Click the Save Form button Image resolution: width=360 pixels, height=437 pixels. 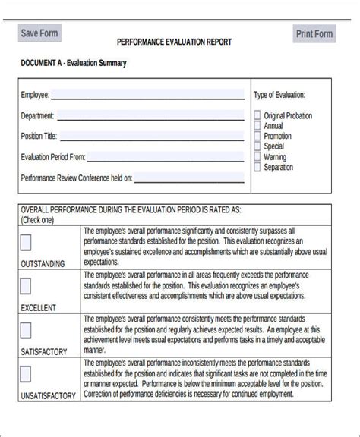[x=39, y=33]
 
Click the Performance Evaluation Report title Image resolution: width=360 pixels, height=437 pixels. [x=174, y=42]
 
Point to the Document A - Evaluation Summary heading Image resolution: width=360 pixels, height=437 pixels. [x=73, y=63]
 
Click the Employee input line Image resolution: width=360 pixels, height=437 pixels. [x=147, y=95]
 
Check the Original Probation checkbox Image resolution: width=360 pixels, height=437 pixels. [x=257, y=115]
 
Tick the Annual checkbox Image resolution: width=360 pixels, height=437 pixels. [x=257, y=126]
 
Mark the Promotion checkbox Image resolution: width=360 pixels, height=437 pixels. [x=257, y=136]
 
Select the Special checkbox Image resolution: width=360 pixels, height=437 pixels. [x=257, y=146]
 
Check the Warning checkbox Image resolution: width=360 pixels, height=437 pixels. [x=257, y=157]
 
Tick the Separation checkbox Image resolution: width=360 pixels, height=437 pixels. [x=257, y=167]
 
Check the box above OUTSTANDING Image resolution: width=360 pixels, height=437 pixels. [x=25, y=242]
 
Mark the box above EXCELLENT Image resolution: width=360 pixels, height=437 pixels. [x=25, y=286]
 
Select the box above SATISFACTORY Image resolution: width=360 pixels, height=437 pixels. [x=25, y=330]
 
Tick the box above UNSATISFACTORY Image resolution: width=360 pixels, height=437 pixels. [x=25, y=373]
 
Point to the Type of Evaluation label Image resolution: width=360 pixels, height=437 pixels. [x=279, y=95]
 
